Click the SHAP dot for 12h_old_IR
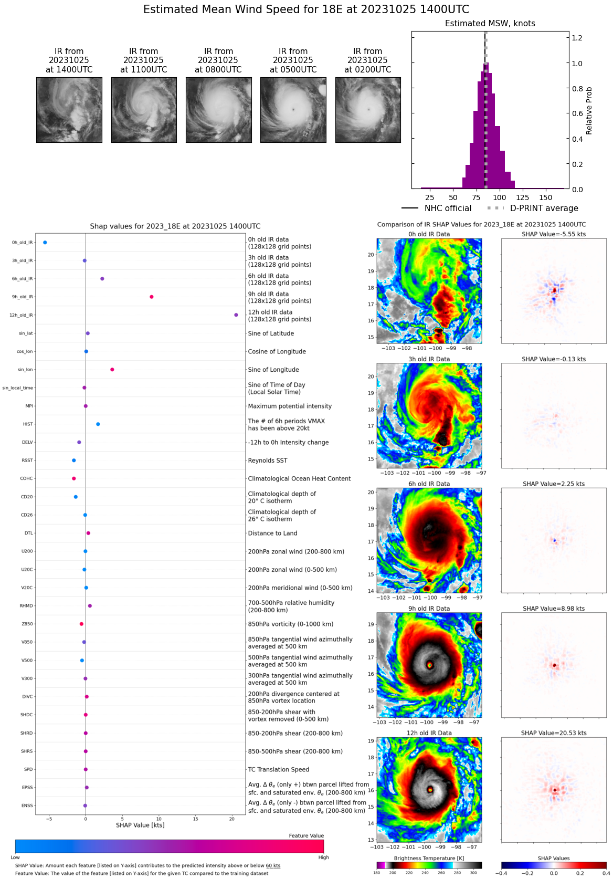(x=236, y=315)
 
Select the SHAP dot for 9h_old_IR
(x=152, y=297)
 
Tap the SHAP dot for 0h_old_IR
(x=45, y=243)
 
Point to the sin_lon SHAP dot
(x=112, y=370)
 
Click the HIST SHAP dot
(x=98, y=424)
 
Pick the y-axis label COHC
(x=27, y=478)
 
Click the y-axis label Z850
(x=27, y=624)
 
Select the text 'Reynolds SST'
(x=268, y=461)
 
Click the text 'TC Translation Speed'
(x=279, y=769)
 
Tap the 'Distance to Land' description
(x=272, y=533)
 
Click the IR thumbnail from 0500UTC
(x=293, y=110)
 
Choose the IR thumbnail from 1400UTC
(x=69, y=110)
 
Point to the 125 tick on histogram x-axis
(x=523, y=197)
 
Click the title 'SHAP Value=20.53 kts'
(x=554, y=733)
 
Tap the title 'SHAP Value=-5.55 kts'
(x=554, y=234)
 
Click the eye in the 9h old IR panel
(x=430, y=665)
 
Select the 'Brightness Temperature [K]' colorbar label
(x=429, y=858)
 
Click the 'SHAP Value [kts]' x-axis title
(x=140, y=825)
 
